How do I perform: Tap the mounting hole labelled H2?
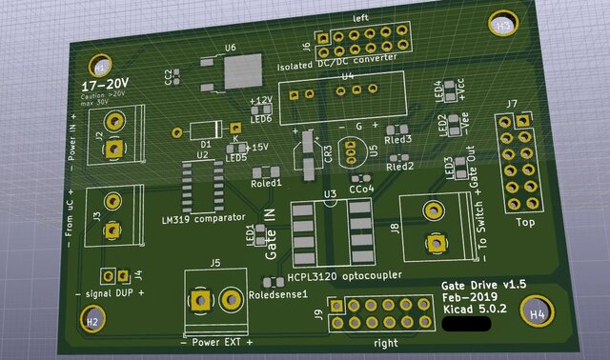click(92, 322)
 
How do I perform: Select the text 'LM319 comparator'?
click(203, 220)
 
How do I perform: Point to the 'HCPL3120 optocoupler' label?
click(344, 277)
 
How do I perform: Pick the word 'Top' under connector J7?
click(524, 223)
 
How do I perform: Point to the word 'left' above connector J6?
click(360, 19)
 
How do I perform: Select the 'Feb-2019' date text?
click(466, 297)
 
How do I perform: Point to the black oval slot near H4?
click(468, 324)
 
